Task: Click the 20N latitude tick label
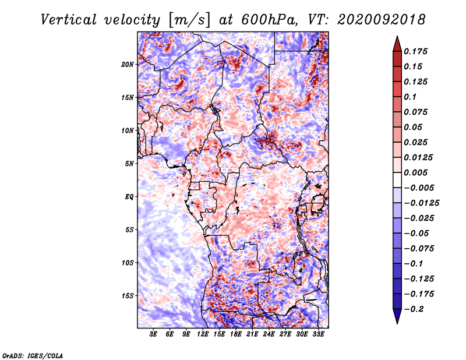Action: [x=128, y=65]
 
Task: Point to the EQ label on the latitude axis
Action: [x=129, y=197]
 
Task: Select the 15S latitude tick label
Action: [x=128, y=296]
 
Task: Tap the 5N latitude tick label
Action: [x=129, y=164]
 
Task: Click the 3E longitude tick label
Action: [x=153, y=334]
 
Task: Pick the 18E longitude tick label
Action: [x=236, y=334]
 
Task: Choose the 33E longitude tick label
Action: [x=318, y=334]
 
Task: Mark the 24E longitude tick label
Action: [x=269, y=334]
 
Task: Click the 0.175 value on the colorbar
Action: [x=415, y=51]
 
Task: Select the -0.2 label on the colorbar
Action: [x=414, y=309]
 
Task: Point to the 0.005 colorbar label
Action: [x=415, y=172]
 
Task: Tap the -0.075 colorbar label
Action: [x=419, y=249]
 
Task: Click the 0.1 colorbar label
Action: [x=410, y=97]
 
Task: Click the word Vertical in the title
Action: [x=69, y=20]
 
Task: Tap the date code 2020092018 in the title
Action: [x=382, y=20]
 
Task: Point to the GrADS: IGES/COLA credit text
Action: [x=33, y=355]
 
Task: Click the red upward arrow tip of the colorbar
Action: [x=397, y=37]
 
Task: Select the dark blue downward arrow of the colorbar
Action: [x=397, y=316]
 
